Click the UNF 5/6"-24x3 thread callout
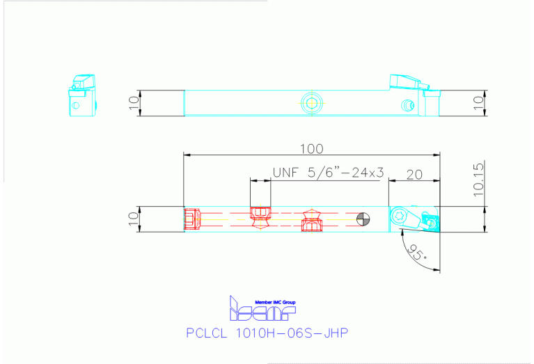(328, 173)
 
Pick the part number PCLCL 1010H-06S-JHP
(267, 333)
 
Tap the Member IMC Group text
(276, 301)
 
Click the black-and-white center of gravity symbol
(362, 221)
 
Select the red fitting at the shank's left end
(192, 219)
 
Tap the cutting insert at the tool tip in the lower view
(431, 222)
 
